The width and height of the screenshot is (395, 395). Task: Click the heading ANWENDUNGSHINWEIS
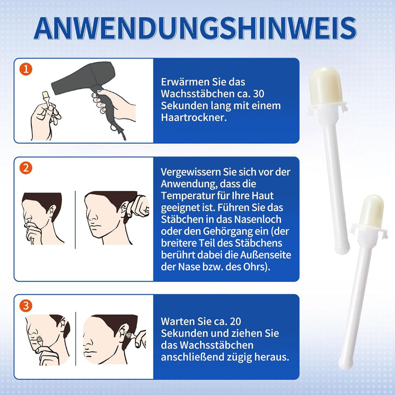[195, 28]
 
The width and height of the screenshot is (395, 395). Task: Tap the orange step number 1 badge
[26, 69]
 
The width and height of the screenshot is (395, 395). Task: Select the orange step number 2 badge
[26, 168]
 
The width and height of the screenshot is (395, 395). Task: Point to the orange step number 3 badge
[26, 306]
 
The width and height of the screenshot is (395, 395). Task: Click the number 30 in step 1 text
[258, 94]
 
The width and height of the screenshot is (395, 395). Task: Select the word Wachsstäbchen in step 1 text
[198, 94]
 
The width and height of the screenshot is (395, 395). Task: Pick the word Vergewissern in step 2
[190, 172]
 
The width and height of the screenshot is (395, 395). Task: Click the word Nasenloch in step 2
[257, 219]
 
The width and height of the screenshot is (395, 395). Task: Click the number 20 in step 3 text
[235, 321]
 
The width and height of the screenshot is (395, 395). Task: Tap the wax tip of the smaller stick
[371, 211]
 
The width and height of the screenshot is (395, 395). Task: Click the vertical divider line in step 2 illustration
[75, 219]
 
